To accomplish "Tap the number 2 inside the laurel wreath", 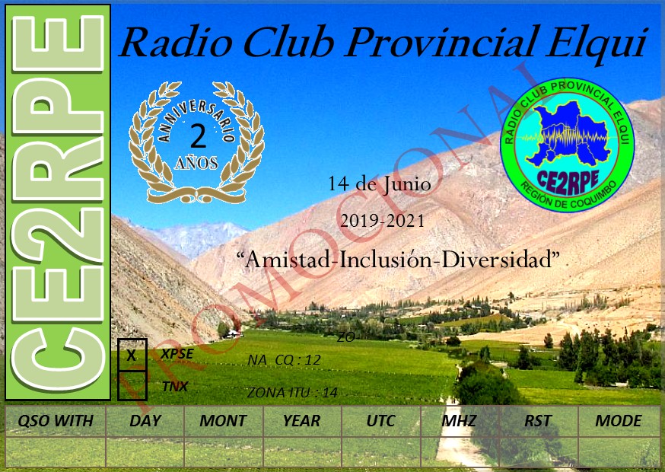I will [198, 136].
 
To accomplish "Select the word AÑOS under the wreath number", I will [196, 163].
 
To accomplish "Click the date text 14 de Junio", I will [380, 184].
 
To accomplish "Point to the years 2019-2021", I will [382, 222].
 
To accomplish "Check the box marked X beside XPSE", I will [132, 355].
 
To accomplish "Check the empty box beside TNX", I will [132, 385].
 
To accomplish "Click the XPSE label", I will [177, 354].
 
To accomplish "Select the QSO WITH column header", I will [56, 421].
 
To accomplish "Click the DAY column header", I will [145, 421].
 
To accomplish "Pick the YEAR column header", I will [301, 421].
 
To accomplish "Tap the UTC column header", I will [381, 421].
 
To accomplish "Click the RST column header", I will [538, 421].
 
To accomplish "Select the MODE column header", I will [618, 421].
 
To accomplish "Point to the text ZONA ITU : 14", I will [292, 393].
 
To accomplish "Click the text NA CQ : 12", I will [284, 360].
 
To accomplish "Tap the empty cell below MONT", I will [224, 451].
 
